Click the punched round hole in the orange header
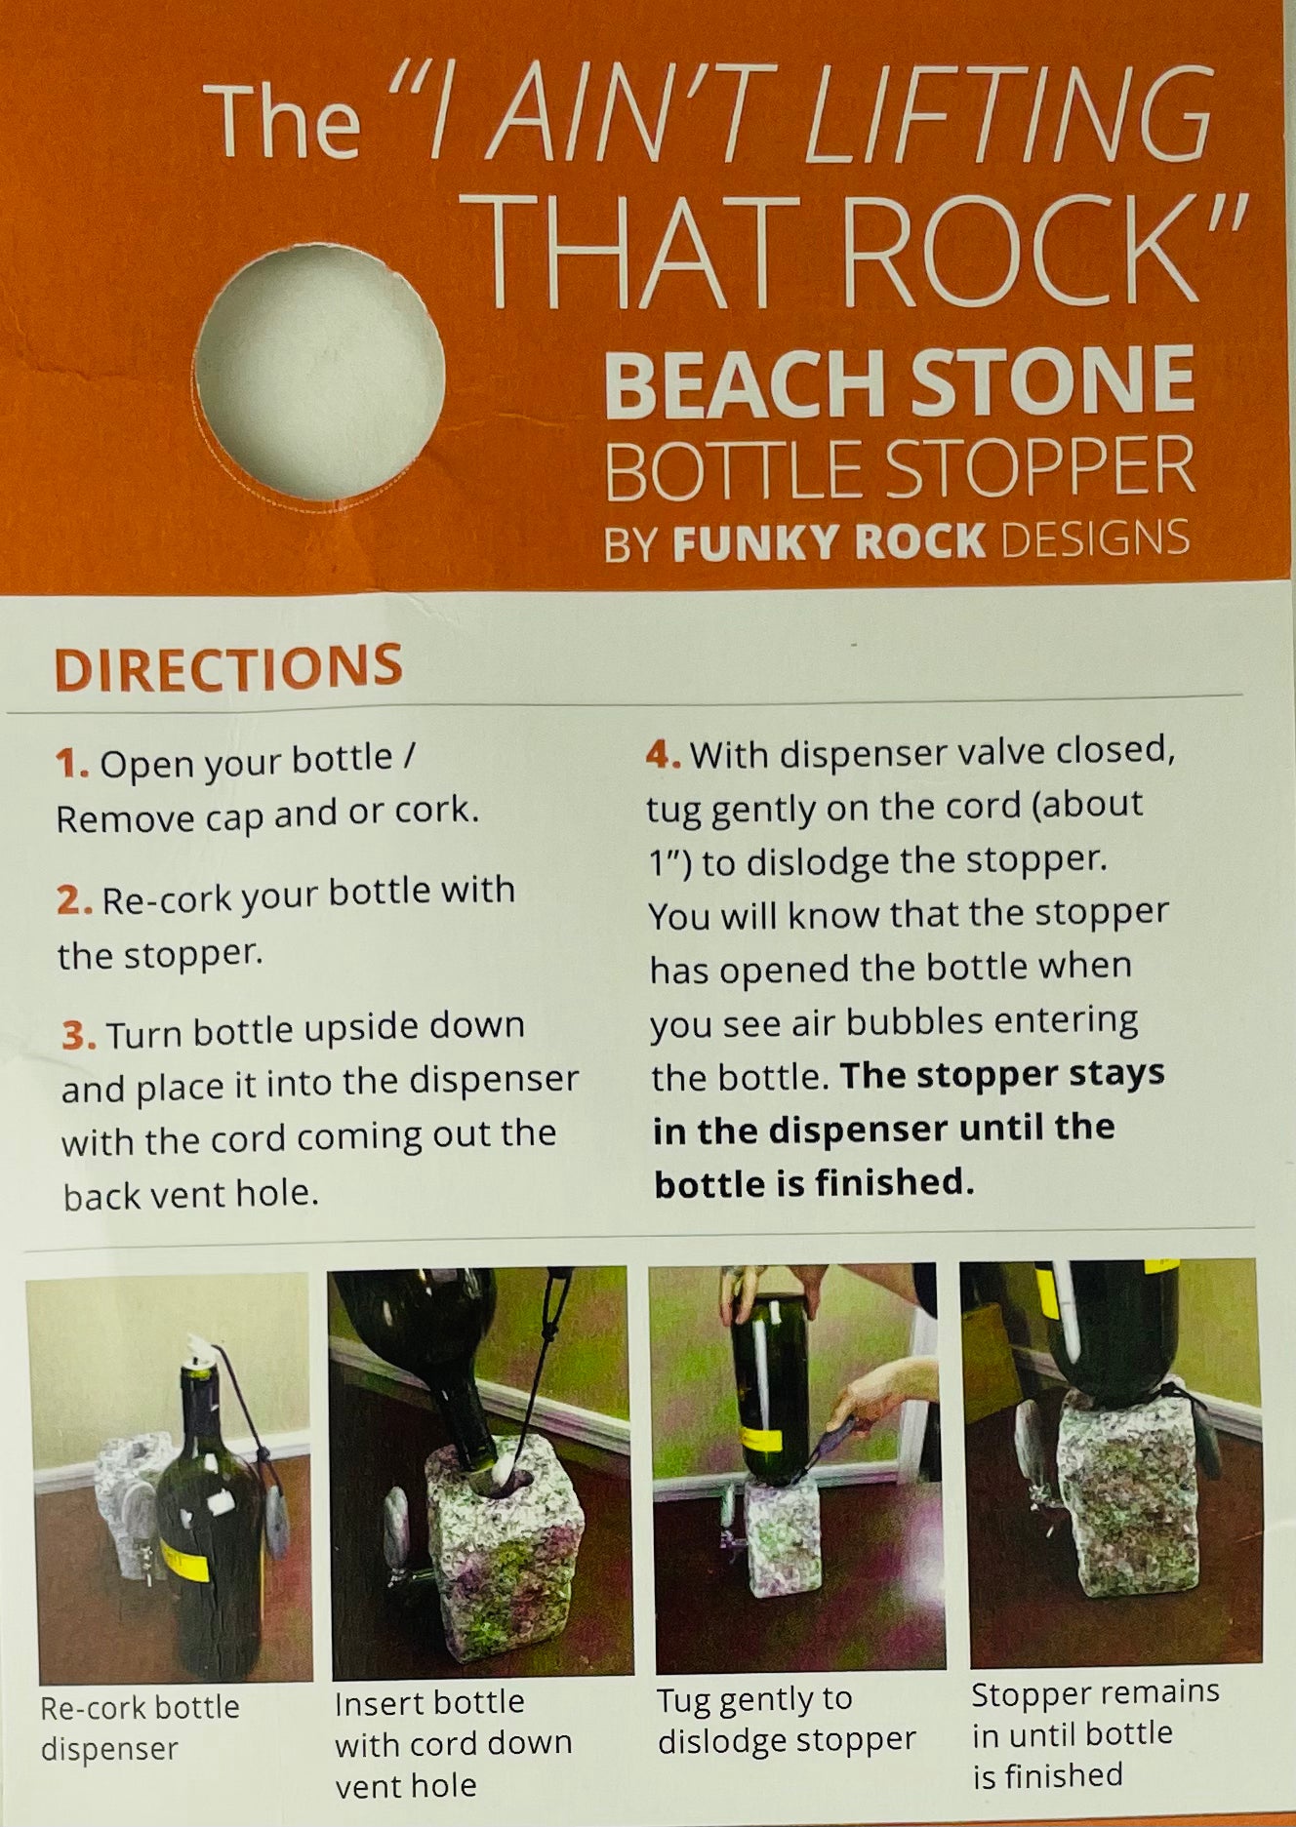point(319,371)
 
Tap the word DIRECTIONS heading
point(228,667)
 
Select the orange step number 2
point(74,900)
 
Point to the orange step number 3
point(79,1036)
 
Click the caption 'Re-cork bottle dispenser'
point(140,1728)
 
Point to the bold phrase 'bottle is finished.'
point(814,1183)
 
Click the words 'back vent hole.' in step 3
point(191,1195)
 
